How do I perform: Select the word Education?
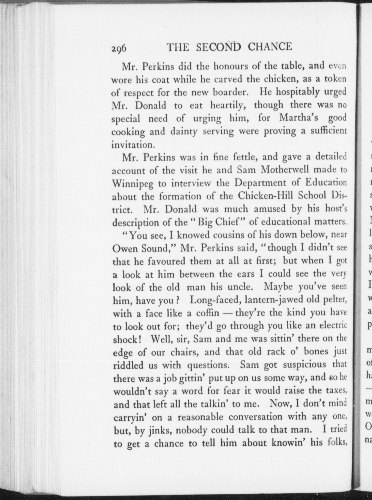(326, 183)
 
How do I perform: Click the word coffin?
(208, 313)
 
